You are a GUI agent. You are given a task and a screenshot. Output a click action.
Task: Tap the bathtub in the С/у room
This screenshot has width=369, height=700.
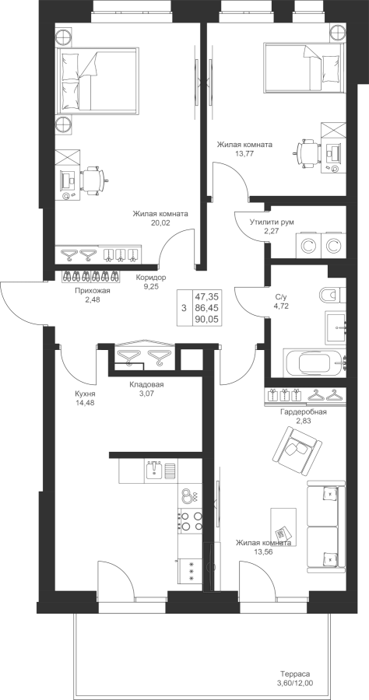(315, 362)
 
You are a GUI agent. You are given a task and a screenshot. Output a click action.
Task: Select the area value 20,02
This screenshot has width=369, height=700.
(160, 222)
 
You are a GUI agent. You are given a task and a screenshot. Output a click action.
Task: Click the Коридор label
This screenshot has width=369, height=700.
(151, 278)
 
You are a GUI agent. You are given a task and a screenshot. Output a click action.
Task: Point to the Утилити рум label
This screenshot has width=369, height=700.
(272, 222)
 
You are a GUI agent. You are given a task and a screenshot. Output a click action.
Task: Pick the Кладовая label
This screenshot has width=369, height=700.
(146, 384)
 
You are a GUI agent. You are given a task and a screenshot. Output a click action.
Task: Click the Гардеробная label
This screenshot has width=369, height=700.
(303, 412)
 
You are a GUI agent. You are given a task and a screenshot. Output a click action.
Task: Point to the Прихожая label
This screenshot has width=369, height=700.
(93, 292)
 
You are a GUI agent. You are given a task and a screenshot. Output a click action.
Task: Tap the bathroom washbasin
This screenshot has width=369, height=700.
(335, 327)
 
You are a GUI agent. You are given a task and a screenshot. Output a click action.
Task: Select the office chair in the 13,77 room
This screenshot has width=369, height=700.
(307, 153)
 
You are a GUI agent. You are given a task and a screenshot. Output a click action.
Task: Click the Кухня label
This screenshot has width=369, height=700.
(85, 394)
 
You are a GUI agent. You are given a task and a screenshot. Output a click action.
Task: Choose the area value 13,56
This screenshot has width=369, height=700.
(264, 551)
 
